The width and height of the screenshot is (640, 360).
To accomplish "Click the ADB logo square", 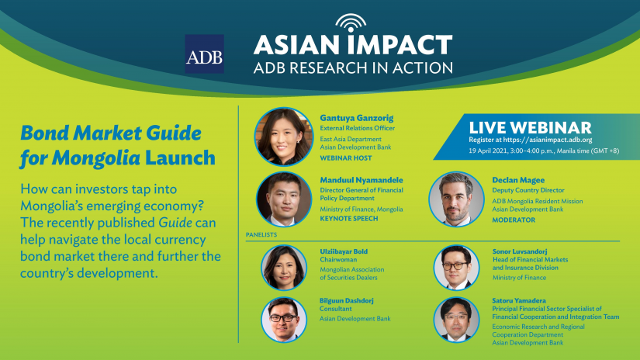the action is (204, 54).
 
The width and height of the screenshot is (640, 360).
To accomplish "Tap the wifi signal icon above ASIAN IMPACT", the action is (351, 22).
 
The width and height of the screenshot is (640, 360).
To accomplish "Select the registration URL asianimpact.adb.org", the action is (548, 140).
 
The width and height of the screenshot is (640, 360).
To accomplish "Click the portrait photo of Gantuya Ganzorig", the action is (284, 137).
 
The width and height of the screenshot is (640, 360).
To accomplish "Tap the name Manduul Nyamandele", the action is (362, 180).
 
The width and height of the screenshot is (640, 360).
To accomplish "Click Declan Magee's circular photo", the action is (456, 199).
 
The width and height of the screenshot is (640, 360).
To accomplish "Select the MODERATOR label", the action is (514, 220).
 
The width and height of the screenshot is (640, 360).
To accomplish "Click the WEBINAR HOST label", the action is (346, 158).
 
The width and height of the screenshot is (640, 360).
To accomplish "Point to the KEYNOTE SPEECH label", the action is (349, 218).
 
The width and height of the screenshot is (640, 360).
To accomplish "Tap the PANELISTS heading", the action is (261, 234).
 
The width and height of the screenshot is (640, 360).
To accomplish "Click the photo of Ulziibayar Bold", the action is (284, 268).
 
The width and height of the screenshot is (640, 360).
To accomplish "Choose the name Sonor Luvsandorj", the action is (520, 251).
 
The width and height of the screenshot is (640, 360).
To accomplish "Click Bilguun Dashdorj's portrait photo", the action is (284, 320).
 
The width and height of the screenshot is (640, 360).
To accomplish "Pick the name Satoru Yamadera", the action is (519, 300).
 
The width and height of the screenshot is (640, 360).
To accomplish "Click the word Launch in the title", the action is (180, 158).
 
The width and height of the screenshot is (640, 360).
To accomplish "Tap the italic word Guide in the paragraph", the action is (175, 223).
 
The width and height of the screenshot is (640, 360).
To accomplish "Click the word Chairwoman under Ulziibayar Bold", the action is (338, 260).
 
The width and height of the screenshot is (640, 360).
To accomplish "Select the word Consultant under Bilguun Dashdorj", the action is (335, 309).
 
